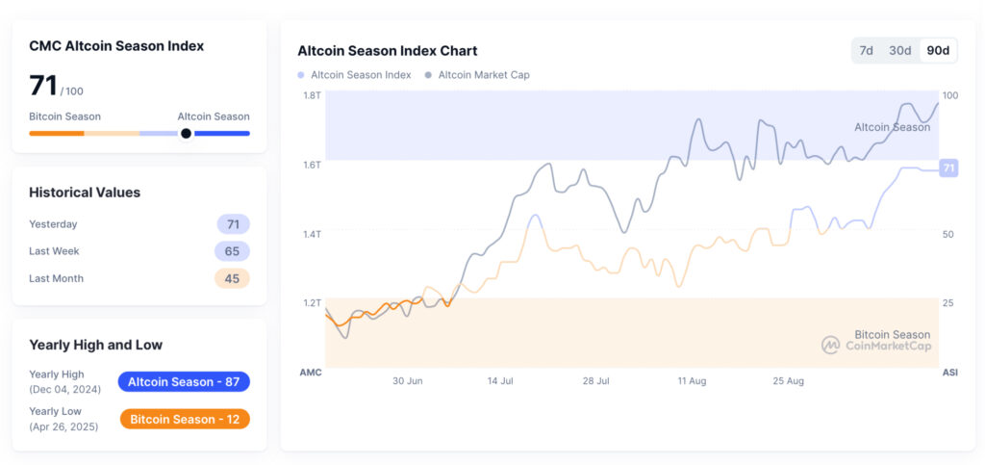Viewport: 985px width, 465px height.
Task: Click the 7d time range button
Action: tap(866, 50)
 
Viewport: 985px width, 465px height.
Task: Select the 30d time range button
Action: tap(899, 50)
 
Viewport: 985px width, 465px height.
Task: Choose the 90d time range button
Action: tap(937, 50)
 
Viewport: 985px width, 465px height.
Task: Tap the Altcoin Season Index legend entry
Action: tap(354, 75)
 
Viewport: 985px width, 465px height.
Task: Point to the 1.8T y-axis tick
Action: tap(312, 95)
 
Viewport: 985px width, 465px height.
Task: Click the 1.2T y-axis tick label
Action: tap(312, 302)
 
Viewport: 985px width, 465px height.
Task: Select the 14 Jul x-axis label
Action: tap(500, 381)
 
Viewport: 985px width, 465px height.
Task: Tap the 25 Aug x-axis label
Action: tap(789, 381)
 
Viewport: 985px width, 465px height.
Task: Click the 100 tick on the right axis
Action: tap(949, 95)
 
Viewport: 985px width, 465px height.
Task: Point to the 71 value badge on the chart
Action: tap(948, 168)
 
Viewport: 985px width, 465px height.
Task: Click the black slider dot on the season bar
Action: tap(186, 134)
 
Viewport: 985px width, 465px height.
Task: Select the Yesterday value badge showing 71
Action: tap(233, 224)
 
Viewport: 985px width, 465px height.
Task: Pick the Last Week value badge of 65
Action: tap(232, 251)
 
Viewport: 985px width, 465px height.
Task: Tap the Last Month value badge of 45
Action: tap(232, 278)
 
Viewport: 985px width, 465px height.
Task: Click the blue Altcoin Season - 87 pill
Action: tap(184, 382)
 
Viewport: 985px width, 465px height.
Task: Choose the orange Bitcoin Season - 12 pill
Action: tap(185, 419)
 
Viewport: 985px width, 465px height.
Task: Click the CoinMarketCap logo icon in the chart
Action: tap(830, 345)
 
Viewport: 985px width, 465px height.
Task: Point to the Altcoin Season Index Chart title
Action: tap(387, 51)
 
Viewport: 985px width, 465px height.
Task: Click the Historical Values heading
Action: tap(85, 193)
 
